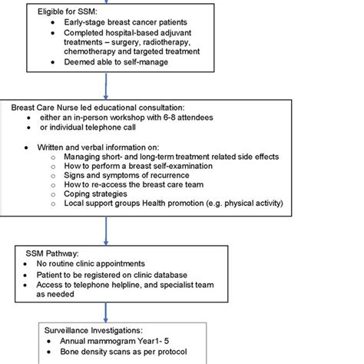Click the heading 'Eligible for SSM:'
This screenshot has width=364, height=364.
point(68,12)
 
